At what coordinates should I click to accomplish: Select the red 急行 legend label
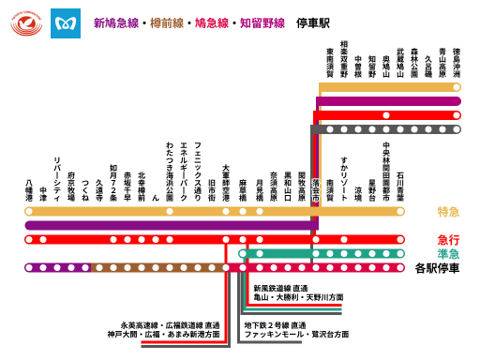pyautogui.click(x=448, y=240)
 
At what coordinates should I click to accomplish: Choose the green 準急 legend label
pyautogui.click(x=448, y=253)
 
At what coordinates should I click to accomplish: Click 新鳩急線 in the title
pyautogui.click(x=113, y=22)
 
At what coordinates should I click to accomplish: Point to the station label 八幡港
pyautogui.click(x=29, y=191)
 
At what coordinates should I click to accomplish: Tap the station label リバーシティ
pyautogui.click(x=57, y=178)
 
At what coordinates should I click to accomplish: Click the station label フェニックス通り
pyautogui.click(x=198, y=168)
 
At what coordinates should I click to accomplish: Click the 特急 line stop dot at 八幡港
pyautogui.click(x=29, y=212)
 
